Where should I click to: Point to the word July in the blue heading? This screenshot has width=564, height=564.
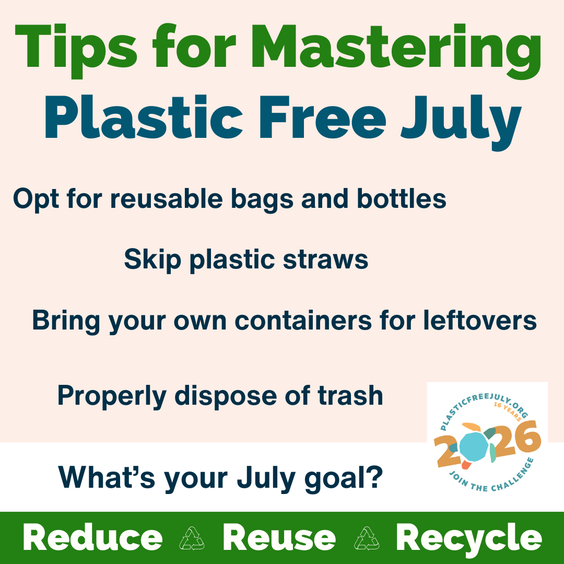pyautogui.click(x=461, y=122)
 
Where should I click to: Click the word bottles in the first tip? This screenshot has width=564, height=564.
pyautogui.click(x=402, y=198)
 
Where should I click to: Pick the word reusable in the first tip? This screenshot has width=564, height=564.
pyautogui.click(x=171, y=198)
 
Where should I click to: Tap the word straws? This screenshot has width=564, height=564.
pyautogui.click(x=325, y=260)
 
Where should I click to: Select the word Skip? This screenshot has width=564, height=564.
pyautogui.click(x=152, y=260)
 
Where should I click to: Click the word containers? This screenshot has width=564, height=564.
pyautogui.click(x=303, y=320)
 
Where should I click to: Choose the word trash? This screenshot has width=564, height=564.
pyautogui.click(x=350, y=396)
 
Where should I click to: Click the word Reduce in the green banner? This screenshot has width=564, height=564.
pyautogui.click(x=93, y=537)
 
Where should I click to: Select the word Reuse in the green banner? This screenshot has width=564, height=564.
pyautogui.click(x=279, y=537)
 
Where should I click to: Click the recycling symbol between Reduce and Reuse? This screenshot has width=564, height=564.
pyautogui.click(x=192, y=538)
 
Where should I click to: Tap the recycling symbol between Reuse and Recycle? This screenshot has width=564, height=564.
pyautogui.click(x=367, y=538)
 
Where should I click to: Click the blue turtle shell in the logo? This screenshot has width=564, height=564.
pyautogui.click(x=474, y=446)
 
